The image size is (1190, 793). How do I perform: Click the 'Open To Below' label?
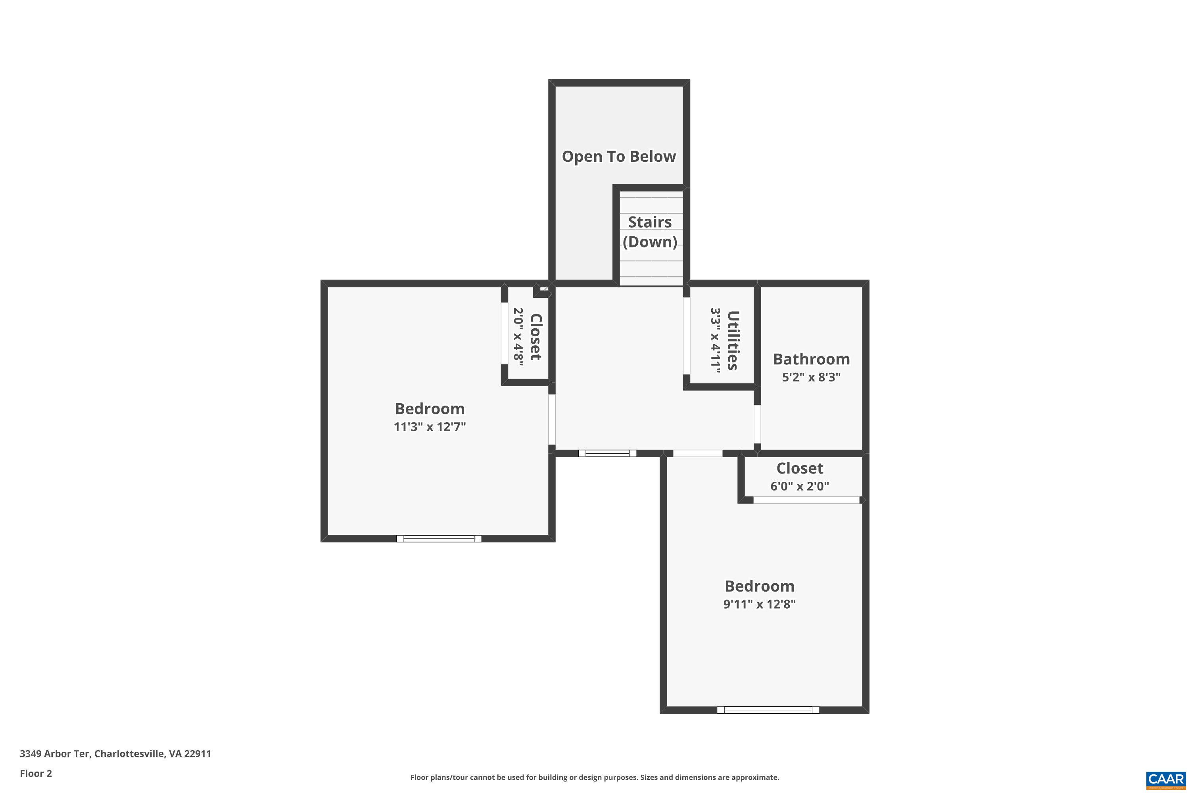[619, 157]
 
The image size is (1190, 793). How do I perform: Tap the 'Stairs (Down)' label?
[650, 232]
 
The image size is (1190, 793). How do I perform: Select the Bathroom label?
[811, 359]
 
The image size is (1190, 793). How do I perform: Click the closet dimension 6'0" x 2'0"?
[799, 487]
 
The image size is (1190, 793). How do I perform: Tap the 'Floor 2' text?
[36, 773]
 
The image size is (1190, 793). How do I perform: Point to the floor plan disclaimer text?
[595, 777]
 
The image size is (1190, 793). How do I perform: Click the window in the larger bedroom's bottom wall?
[439, 538]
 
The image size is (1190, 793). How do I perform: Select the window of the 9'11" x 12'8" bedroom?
[768, 710]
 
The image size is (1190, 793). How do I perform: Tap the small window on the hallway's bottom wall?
[607, 453]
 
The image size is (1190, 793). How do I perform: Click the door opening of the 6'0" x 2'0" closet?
[806, 500]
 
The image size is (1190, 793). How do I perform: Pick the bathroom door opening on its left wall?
[757, 424]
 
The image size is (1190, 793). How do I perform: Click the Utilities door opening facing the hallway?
[687, 336]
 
